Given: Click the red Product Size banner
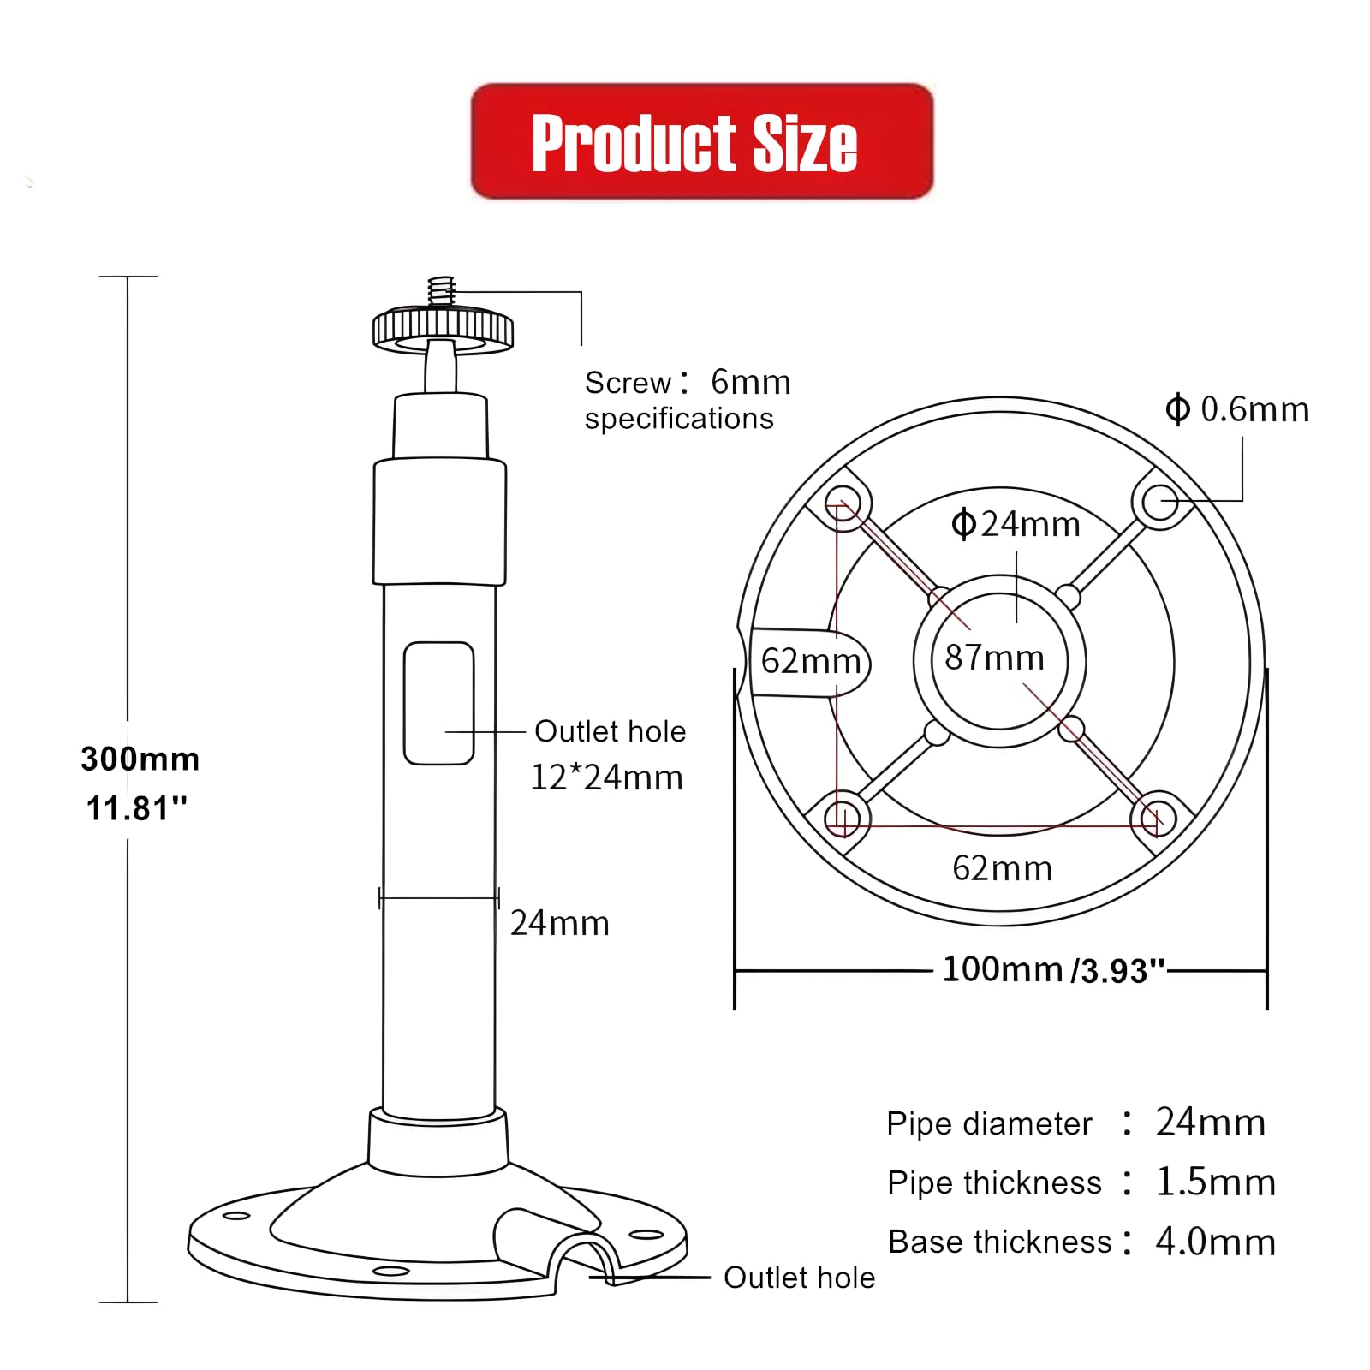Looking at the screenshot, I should [x=701, y=141].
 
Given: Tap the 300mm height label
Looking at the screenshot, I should [x=140, y=759].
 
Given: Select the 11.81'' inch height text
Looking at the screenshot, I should [x=136, y=807].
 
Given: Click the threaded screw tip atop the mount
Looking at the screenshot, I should [x=441, y=290].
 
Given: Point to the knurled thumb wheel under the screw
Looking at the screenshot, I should [x=443, y=328].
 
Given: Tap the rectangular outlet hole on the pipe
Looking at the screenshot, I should [x=438, y=703].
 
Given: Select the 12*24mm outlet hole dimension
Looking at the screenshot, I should [x=606, y=777].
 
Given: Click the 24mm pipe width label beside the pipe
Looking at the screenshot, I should [x=559, y=923].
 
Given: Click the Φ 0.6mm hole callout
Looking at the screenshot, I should [x=1237, y=409].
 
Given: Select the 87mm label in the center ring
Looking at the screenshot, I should [x=994, y=658].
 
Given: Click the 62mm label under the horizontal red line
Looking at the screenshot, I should [x=1002, y=868].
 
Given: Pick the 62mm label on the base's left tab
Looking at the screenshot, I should [x=810, y=661].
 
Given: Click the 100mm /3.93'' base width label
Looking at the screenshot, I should [x=1053, y=970].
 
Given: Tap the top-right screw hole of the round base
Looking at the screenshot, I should [x=1159, y=502].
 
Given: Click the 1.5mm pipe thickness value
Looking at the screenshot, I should [x=1214, y=1182].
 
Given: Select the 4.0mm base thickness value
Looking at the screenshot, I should [x=1214, y=1242].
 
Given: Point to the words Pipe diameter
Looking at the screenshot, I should [x=989, y=1123].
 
